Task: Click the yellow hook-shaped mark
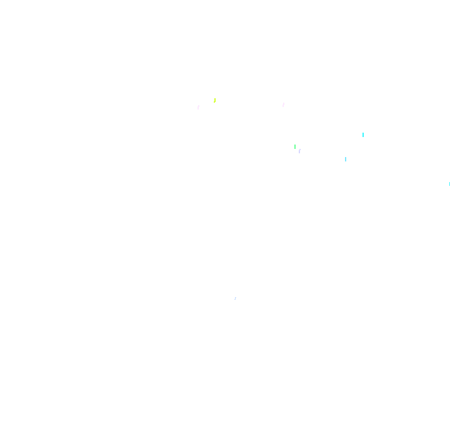[214, 100]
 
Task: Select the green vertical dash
[295, 147]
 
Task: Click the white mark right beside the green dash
[299, 151]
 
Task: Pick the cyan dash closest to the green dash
[346, 159]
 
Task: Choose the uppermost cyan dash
[363, 135]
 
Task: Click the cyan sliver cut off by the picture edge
[449, 183]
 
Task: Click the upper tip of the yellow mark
[215, 98]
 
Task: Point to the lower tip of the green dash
[295, 149]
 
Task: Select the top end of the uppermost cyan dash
[363, 133]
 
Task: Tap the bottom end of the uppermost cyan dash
[363, 136]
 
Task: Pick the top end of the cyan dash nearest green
[346, 157]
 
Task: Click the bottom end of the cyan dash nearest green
[346, 161]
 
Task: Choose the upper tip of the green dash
[295, 145]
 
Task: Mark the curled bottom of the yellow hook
[214, 102]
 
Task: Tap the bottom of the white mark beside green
[299, 153]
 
